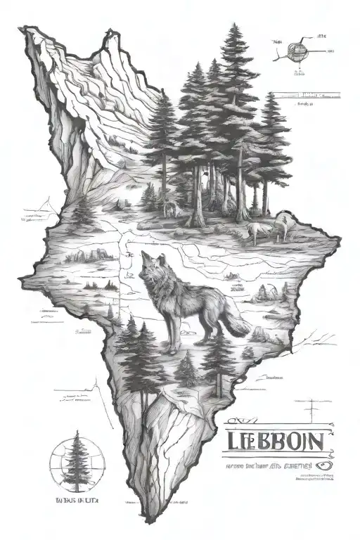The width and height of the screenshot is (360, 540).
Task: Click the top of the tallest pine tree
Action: (x=231, y=28)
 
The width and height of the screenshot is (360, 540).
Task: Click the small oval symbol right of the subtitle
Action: (x=324, y=464)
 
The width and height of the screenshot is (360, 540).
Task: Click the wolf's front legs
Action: (x=169, y=337)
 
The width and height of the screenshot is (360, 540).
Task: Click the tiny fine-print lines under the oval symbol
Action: (x=313, y=479)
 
